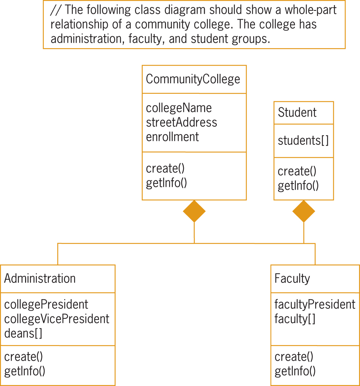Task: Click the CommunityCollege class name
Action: pyautogui.click(x=193, y=79)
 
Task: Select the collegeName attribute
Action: pyautogui.click(x=179, y=108)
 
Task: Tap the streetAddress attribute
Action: pyautogui.click(x=181, y=122)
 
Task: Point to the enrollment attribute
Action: pyautogui.click(x=173, y=137)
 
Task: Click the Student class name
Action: pyautogui.click(x=297, y=113)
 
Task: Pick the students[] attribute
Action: pyautogui.click(x=303, y=141)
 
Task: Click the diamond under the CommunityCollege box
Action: pyautogui.click(x=194, y=211)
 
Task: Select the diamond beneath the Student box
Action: pyautogui.click(x=303, y=211)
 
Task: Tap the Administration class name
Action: pyautogui.click(x=40, y=278)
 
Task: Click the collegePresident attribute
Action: pyautogui.click(x=46, y=304)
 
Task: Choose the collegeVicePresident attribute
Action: pyautogui.click(x=57, y=319)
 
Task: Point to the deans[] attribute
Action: pyautogui.click(x=23, y=333)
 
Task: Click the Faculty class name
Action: pyautogui.click(x=292, y=278)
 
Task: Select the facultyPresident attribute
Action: pyautogui.click(x=315, y=304)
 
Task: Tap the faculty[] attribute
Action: pyautogui.click(x=295, y=319)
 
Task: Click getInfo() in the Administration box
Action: pyautogui.click(x=25, y=371)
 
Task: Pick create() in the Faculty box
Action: pyautogui.click(x=294, y=357)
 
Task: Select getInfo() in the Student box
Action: pyautogui.click(x=298, y=186)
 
